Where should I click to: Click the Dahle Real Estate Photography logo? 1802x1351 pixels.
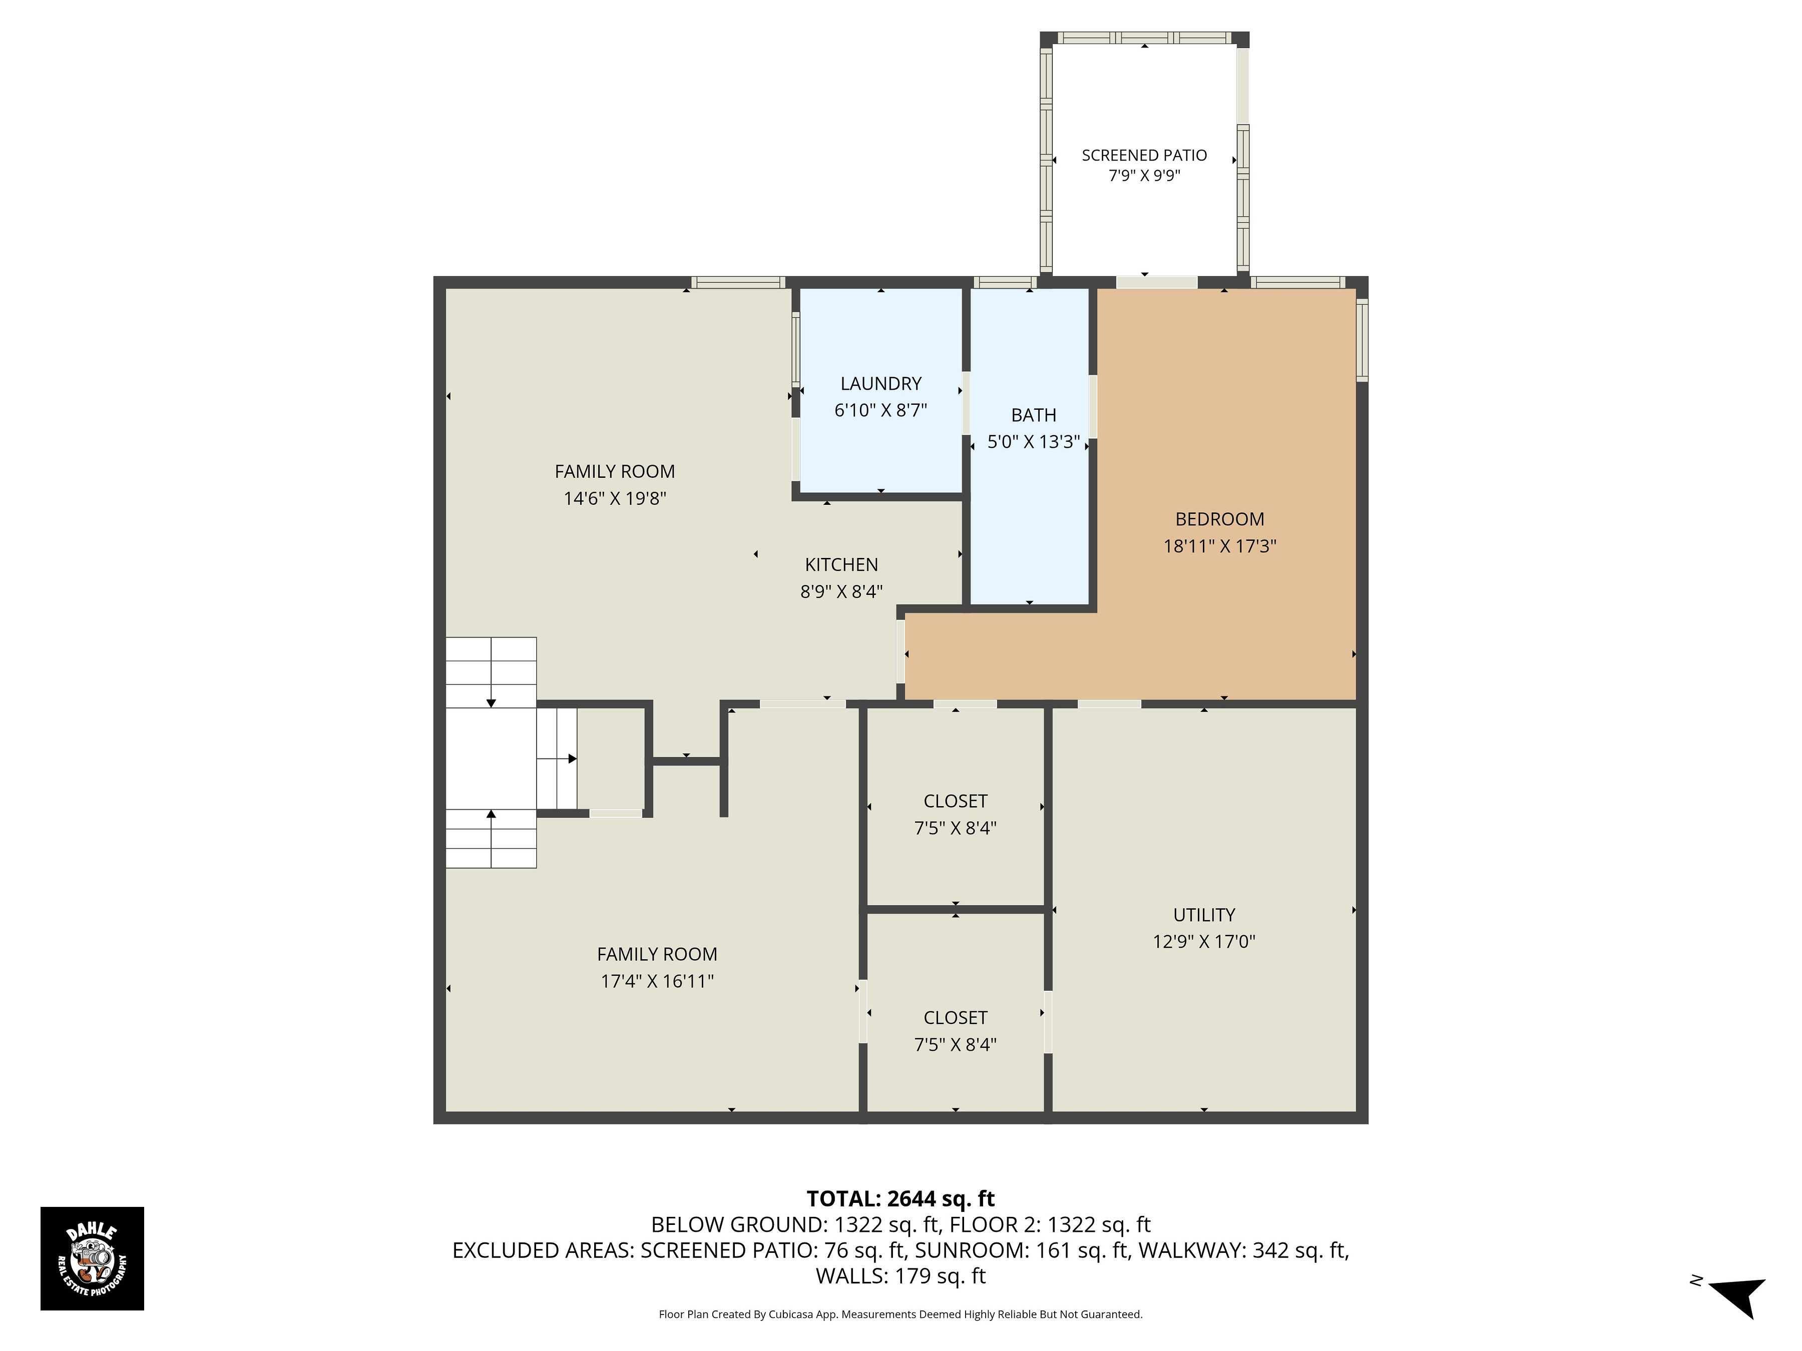(x=92, y=1258)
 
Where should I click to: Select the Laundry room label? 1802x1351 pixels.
(x=880, y=384)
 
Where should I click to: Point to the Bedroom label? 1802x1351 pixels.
(x=1219, y=519)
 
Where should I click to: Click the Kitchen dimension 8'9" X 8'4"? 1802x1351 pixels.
(x=841, y=592)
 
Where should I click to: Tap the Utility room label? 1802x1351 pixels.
(x=1204, y=915)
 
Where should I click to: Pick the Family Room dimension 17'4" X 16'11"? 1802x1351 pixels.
(x=657, y=981)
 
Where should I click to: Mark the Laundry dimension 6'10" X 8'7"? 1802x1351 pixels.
(x=880, y=410)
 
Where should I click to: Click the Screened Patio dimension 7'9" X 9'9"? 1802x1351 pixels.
(x=1144, y=176)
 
